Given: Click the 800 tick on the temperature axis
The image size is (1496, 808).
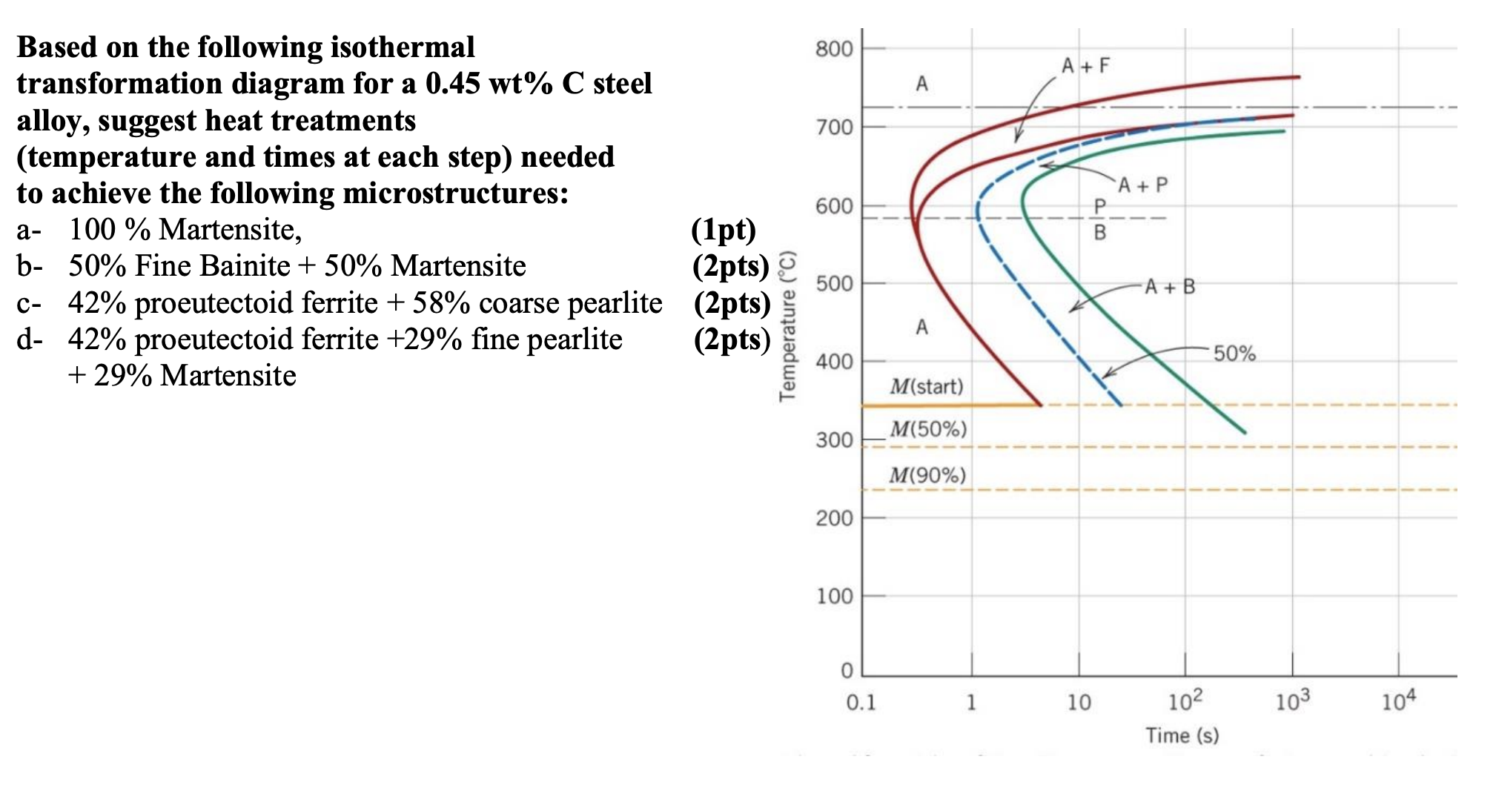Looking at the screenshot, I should pos(834,50).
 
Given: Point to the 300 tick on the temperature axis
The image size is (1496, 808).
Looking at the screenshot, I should pos(834,440).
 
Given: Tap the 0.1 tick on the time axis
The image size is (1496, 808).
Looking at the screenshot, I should pos(861,702).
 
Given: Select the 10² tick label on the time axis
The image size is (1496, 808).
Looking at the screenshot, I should pos(1184,701).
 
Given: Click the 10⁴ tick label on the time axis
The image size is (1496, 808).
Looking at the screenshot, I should pos(1397,701).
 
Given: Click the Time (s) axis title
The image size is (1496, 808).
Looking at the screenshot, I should pos(1182,735).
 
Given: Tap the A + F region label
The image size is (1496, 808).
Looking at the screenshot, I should pos(1085,66).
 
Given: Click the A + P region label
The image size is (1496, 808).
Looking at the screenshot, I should pos(1142,185).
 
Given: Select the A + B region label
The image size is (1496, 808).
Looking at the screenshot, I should pos(1170,287).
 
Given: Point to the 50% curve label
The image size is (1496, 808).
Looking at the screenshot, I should pos(1234,354).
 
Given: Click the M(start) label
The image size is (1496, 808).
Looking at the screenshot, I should pos(927,386).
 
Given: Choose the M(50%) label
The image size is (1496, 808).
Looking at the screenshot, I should pos(928,429).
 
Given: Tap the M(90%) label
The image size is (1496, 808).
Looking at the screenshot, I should pos(927,475).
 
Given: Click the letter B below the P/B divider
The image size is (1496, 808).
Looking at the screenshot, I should pos(1099,233).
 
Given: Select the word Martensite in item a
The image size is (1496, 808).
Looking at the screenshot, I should pos(230,230).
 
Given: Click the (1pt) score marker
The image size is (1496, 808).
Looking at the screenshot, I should pos(724,230).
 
